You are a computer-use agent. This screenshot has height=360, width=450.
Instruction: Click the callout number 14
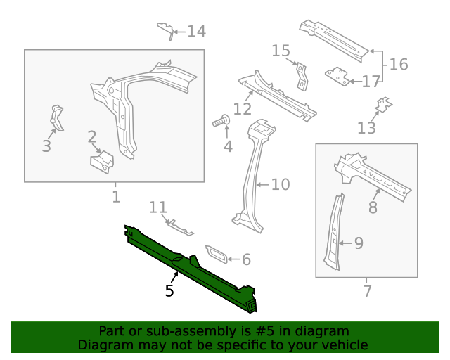tap(196, 32)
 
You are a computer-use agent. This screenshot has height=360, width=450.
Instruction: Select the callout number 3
tap(46, 146)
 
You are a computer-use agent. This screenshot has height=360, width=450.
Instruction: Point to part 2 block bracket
tap(101, 162)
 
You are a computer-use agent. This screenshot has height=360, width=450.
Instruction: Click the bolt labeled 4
tap(221, 122)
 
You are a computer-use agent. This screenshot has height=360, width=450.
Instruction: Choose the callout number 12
tap(242, 109)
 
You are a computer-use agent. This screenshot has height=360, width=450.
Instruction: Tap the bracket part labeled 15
tap(302, 75)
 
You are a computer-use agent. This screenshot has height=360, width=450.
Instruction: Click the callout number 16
tap(398, 65)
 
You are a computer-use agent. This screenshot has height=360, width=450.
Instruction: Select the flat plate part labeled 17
tap(338, 75)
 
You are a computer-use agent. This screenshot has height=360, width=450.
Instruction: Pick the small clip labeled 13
tap(382, 105)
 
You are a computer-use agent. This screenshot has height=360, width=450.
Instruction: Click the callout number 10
tap(280, 185)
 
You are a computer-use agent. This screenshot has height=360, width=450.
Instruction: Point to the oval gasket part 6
tap(215, 255)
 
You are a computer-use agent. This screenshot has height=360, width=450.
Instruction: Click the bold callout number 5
tap(169, 290)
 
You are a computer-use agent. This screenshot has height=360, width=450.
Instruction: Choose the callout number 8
tap(373, 207)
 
